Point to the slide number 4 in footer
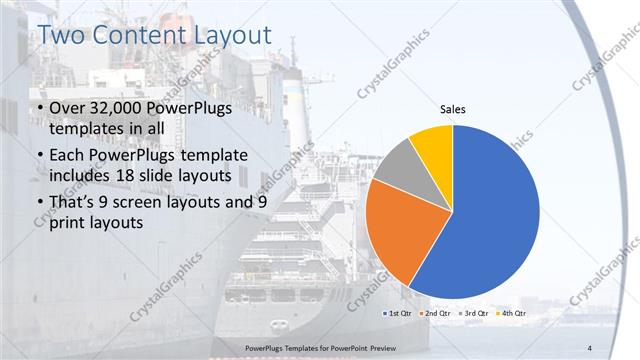(590, 347)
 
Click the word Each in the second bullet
(69, 156)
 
